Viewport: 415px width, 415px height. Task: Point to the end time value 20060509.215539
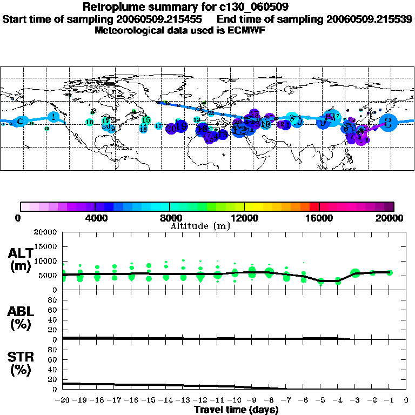click(369, 19)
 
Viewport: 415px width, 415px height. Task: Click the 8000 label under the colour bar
click(170, 218)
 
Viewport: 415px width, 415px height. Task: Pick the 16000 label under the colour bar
click(319, 218)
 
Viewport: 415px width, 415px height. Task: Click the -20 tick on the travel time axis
click(63, 400)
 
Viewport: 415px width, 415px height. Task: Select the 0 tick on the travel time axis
click(406, 400)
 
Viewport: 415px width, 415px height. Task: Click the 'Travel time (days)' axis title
click(236, 410)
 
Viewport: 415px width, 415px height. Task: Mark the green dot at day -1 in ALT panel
click(389, 272)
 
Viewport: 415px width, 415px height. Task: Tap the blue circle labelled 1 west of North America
click(53, 116)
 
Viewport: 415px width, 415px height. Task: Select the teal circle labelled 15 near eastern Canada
click(145, 120)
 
